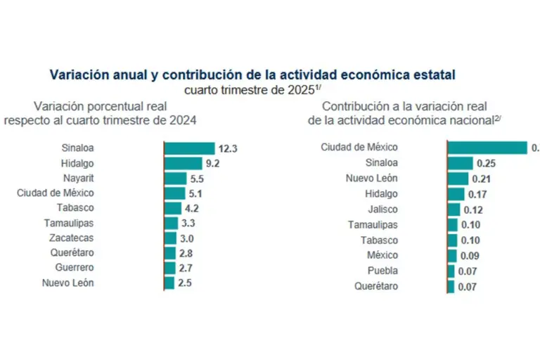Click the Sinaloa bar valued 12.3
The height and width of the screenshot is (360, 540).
[x=189, y=148]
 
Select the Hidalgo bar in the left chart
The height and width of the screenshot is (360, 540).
[x=182, y=163]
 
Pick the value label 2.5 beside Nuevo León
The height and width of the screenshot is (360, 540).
[x=185, y=283]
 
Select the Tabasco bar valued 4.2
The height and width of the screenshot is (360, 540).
[x=172, y=208]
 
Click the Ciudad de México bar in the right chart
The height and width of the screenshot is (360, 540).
[x=487, y=148]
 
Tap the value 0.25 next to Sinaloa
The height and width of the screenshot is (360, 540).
[x=487, y=163]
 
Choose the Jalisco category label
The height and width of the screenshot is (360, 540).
[x=382, y=209]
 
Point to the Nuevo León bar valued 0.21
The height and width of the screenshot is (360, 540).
[x=458, y=179]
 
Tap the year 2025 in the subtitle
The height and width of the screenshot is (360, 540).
[x=298, y=90]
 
